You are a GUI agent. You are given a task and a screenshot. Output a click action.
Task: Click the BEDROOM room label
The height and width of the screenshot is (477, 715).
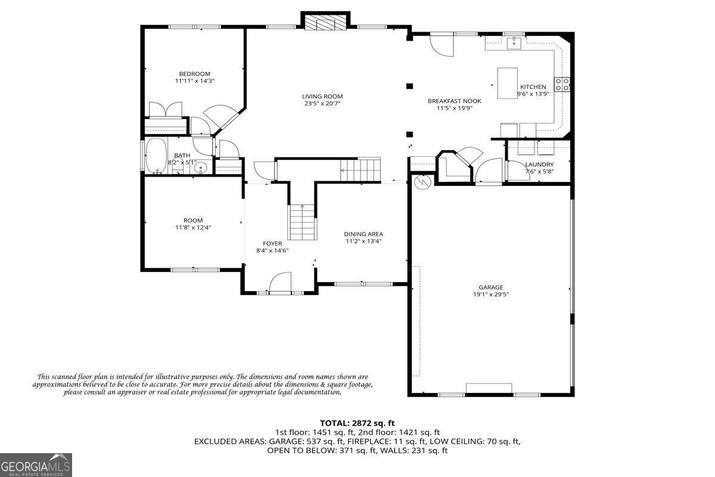(194, 74)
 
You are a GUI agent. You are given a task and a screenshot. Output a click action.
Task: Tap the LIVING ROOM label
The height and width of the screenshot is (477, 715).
(322, 97)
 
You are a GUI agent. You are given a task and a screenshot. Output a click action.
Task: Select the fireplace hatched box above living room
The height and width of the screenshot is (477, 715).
(325, 23)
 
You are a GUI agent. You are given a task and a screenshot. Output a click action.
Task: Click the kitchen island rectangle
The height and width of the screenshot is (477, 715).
(507, 83)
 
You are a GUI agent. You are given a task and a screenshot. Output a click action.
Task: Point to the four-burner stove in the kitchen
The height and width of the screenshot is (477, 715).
(562, 84)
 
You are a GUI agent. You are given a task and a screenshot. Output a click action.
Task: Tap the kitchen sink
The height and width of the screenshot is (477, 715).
(514, 43)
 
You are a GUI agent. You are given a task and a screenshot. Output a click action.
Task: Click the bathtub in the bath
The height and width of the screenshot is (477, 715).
(156, 156)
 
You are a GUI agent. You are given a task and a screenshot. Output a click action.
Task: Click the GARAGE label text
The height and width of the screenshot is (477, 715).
(490, 287)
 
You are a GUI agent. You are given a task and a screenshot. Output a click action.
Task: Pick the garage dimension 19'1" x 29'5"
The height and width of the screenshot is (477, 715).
(490, 295)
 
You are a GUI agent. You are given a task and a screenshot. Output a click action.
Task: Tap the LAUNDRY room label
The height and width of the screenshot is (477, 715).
(539, 164)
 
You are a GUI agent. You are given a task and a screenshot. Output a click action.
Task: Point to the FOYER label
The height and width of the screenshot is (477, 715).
(272, 243)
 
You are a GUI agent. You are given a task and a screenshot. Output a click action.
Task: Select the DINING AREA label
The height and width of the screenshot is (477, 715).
(363, 234)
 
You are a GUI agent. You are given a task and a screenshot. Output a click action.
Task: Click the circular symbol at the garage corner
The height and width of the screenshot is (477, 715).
(422, 182)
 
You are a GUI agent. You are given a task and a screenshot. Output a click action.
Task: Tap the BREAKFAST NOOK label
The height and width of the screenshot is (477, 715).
(455, 101)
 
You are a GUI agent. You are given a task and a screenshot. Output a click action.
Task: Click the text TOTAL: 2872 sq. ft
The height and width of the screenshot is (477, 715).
(357, 423)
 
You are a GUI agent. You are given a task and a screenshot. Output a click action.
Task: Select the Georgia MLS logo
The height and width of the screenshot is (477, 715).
(36, 465)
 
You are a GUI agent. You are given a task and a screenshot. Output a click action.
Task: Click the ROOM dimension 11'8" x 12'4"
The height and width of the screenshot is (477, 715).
(193, 228)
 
